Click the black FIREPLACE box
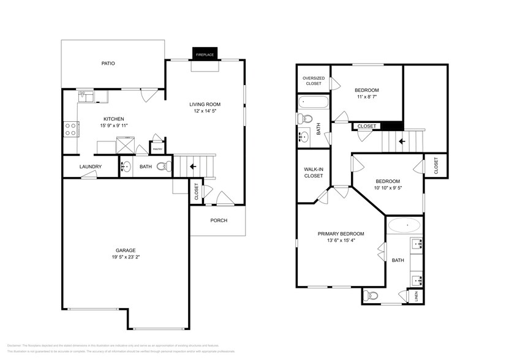coord(203,54)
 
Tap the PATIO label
coord(108,63)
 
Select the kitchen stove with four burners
coord(70,129)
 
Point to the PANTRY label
coord(157,148)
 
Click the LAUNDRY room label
coord(90,167)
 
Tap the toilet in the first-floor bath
coord(162,166)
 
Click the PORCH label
coord(219,220)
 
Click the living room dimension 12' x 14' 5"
coord(204,111)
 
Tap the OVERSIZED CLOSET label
coord(313,80)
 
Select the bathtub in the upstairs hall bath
coord(313,102)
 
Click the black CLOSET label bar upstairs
coord(366,126)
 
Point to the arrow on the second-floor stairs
coord(402,141)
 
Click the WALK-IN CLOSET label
coord(313,172)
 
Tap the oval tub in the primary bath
coord(404,225)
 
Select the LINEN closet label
coord(416,296)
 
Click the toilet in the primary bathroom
coord(371,296)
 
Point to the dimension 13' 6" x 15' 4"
coord(341,241)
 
